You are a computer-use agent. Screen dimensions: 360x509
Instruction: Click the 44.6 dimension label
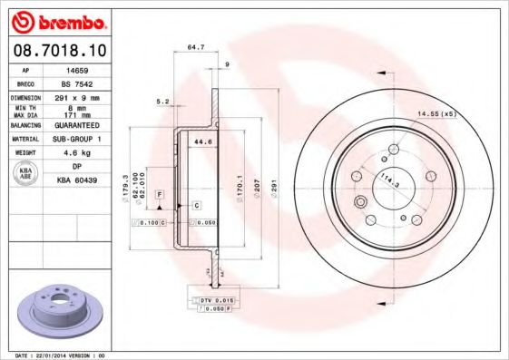[x=202, y=141]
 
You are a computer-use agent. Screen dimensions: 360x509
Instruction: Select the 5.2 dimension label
[x=162, y=102]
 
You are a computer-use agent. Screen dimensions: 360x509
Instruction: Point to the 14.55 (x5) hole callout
[x=440, y=113]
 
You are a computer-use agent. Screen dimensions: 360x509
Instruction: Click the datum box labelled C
[x=196, y=206]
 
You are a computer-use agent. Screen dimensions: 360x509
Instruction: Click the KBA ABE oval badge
[x=25, y=174]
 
